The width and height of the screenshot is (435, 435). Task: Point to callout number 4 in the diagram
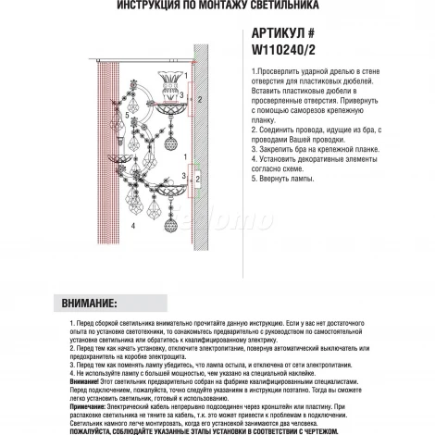point(134,225)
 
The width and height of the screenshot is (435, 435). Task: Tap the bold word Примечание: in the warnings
point(92,393)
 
